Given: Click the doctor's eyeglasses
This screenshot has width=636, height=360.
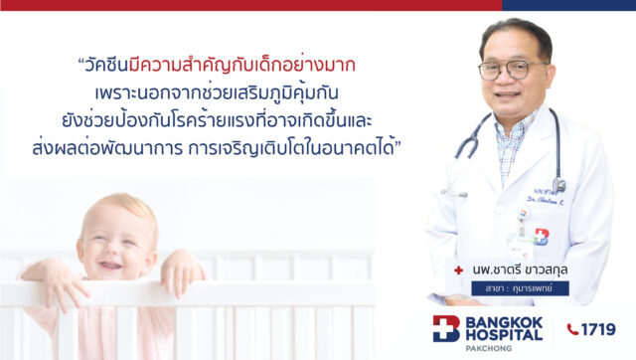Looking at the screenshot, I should coord(512,69).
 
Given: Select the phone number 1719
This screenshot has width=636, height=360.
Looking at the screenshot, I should coord(600,329).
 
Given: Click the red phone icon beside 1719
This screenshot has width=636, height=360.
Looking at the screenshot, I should coord(572,329).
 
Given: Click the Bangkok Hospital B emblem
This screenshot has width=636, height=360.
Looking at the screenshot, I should coord(447,330).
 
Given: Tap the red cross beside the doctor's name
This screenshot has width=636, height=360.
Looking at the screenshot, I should coord(458,269).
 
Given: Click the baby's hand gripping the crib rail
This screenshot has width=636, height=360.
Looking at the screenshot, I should coord(180,272).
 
